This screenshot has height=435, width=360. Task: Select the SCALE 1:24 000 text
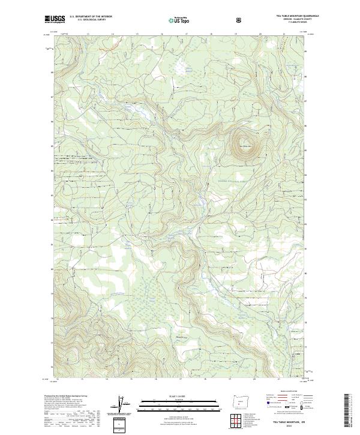click(x=181, y=395)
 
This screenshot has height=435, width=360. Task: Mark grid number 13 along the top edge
click(x=88, y=34)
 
